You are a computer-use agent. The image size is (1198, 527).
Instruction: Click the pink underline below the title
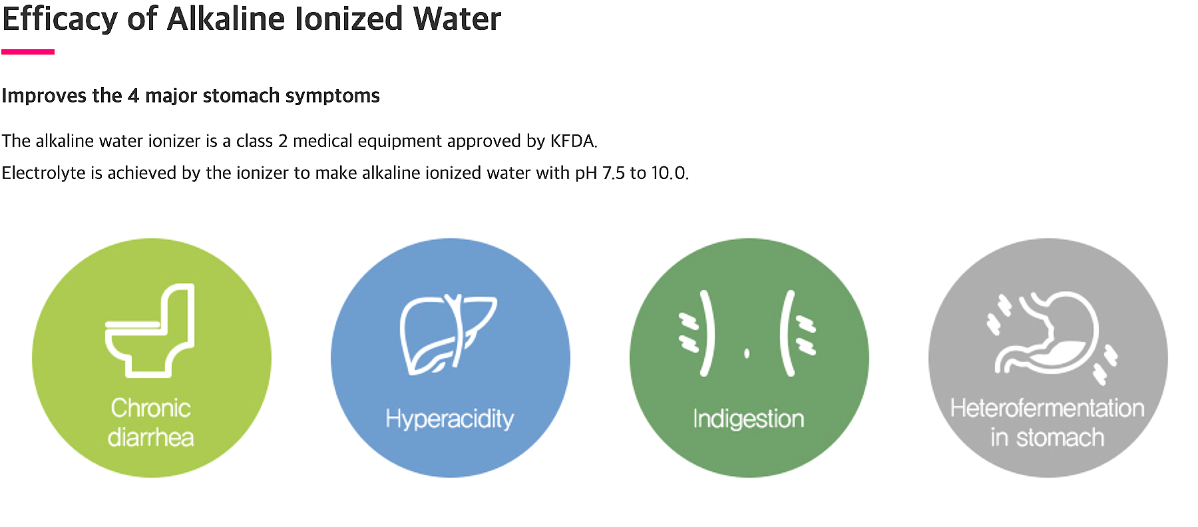(x=28, y=51)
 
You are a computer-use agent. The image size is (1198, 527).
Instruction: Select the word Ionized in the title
(x=349, y=19)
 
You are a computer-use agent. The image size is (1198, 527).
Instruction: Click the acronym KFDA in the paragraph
(x=573, y=141)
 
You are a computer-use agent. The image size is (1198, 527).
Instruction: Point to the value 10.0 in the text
(x=668, y=173)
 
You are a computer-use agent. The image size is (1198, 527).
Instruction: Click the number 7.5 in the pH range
(x=614, y=173)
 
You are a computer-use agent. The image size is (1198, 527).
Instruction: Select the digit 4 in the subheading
(x=133, y=96)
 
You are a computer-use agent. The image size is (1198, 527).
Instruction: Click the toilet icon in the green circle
(x=150, y=330)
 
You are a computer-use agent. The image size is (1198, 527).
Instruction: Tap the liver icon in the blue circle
(x=448, y=333)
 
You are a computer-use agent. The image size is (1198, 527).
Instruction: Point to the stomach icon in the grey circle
(x=1052, y=335)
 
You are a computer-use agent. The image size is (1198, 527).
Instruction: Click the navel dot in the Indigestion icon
(x=747, y=353)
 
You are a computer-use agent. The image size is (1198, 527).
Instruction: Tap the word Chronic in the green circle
(x=150, y=408)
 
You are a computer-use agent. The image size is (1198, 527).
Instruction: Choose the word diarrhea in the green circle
(x=150, y=437)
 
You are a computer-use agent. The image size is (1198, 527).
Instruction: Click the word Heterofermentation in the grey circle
(x=1048, y=408)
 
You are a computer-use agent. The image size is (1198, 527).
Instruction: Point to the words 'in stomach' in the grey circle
(x=1048, y=437)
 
